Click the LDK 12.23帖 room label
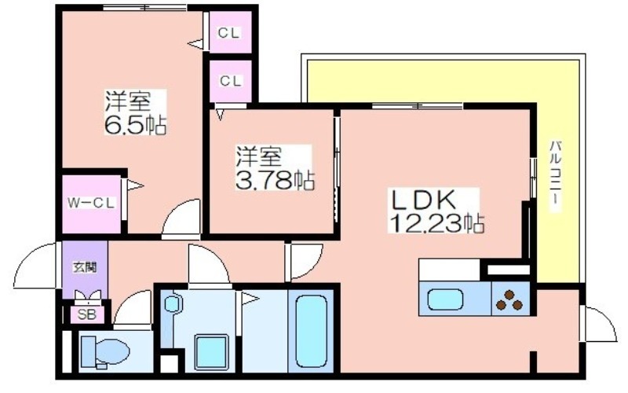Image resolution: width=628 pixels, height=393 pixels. pos(436,211)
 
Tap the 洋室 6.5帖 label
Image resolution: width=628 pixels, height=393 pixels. pos(135,112)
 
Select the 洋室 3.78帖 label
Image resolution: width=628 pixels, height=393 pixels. pos(274,167)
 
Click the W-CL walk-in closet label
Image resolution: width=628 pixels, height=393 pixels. pos(91,203)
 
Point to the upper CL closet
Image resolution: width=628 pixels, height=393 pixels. pos(229,32)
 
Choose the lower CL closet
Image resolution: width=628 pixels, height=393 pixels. pos(230,81)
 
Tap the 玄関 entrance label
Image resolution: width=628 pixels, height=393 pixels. pos(85,267)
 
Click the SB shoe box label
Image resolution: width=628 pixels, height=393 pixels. pos(87,315)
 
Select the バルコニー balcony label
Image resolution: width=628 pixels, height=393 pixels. pos(555,175)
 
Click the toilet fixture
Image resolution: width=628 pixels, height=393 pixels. pos(105,351)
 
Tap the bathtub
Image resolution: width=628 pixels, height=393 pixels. pos(311,331)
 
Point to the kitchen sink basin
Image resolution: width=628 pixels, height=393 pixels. pos(445,300)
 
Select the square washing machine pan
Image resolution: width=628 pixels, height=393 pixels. pos(211,352)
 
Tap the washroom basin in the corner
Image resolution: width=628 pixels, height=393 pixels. pos(171,303)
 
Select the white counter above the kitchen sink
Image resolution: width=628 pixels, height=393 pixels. pos(449,270)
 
